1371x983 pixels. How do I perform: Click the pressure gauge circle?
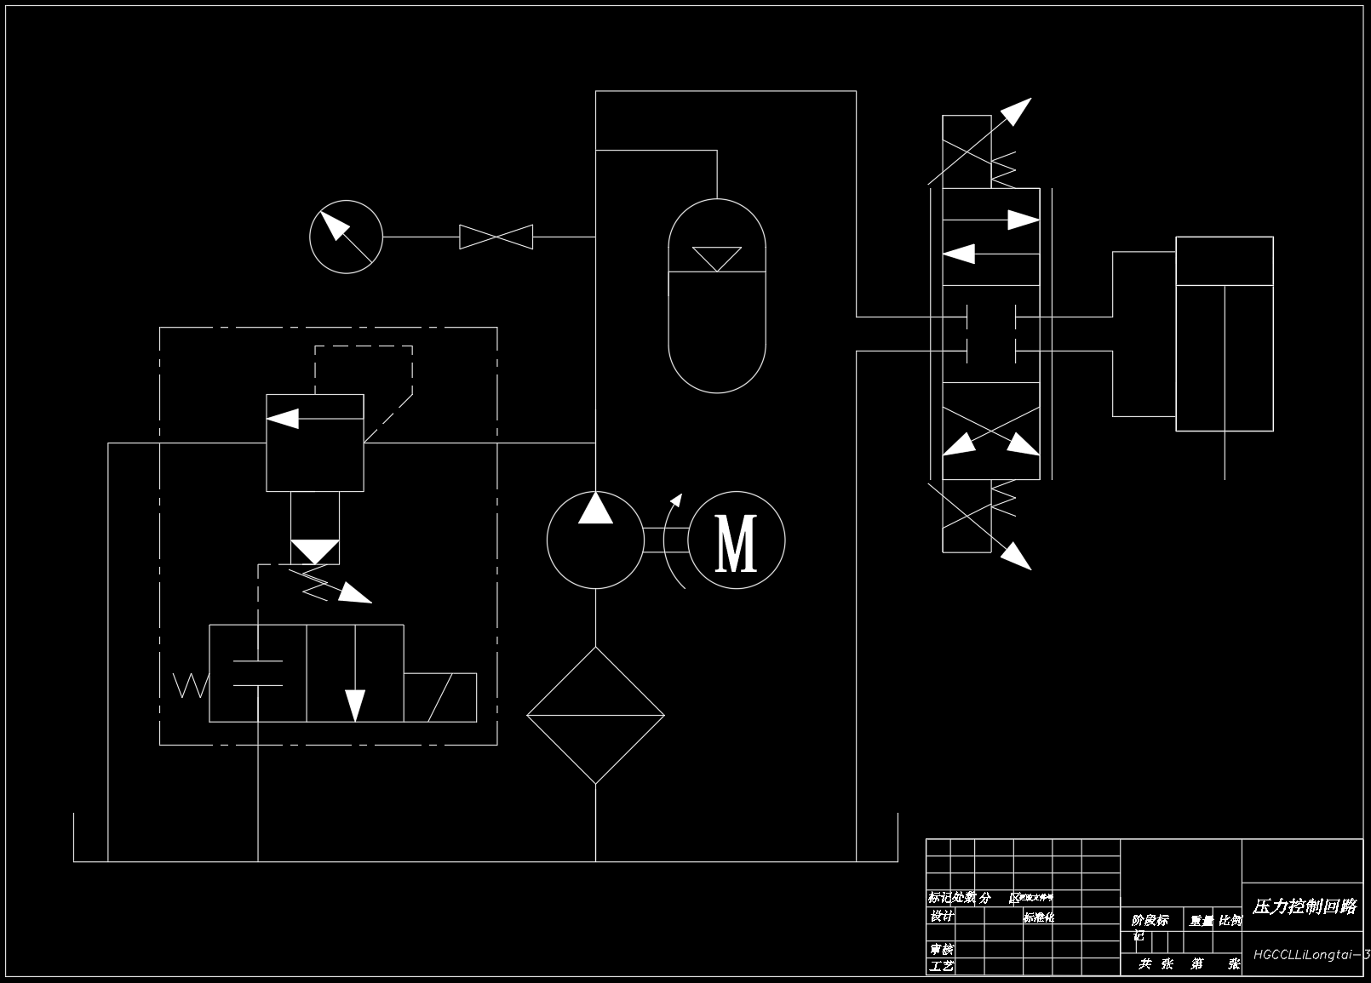point(346,237)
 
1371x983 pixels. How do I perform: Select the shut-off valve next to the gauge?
point(496,237)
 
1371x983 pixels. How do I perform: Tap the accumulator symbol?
point(717,296)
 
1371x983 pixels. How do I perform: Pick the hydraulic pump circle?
point(594,540)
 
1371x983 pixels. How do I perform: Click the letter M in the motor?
point(737,541)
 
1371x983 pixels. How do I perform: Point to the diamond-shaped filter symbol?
point(595,715)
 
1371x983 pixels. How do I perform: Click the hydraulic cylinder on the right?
point(1224,334)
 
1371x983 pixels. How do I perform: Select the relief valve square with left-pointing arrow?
point(315,443)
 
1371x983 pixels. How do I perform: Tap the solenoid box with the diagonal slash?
point(439,697)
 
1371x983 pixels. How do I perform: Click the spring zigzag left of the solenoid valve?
point(190,685)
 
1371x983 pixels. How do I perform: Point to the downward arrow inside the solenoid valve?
point(354,698)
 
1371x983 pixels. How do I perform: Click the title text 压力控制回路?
point(1304,906)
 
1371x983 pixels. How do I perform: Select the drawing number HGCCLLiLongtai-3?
point(1310,955)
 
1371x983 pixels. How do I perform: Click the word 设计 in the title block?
point(942,917)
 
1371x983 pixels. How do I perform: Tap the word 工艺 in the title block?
point(942,966)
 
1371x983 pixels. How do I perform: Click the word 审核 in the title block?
point(942,949)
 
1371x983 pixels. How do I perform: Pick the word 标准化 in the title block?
point(1039,917)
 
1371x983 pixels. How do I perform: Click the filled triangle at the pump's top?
point(595,508)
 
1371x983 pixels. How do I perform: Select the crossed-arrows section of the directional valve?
point(991,431)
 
